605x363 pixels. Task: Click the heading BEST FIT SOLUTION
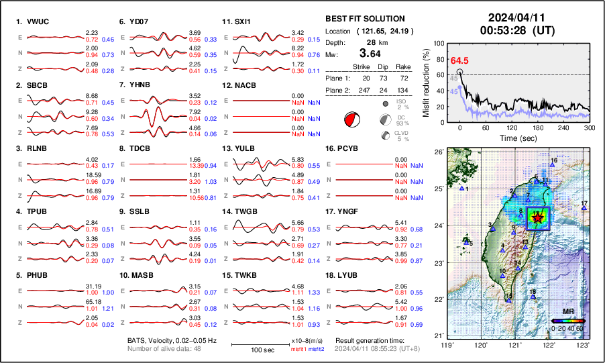coord(365,19)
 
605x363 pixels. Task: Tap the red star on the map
coord(537,217)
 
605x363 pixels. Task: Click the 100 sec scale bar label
coord(254,350)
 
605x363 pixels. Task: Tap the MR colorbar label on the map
coord(568,312)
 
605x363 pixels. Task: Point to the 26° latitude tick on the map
coord(439,153)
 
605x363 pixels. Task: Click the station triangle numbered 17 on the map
coord(584,209)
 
